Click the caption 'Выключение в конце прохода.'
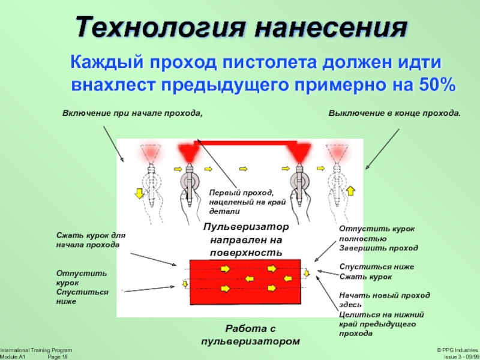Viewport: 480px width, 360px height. pyautogui.click(x=394, y=113)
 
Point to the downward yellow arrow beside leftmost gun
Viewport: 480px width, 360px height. pyautogui.click(x=138, y=193)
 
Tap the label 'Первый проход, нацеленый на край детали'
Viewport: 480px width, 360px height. pyautogui.click(x=241, y=202)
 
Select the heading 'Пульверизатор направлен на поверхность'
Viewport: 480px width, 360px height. pyautogui.click(x=246, y=240)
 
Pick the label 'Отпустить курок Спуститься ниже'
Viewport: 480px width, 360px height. pyautogui.click(x=79, y=287)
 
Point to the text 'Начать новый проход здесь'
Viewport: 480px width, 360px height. pyautogui.click(x=384, y=299)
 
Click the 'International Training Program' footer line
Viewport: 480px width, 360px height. pyautogui.click(x=36, y=350)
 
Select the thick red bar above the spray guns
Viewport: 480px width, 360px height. pyautogui.click(x=246, y=142)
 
